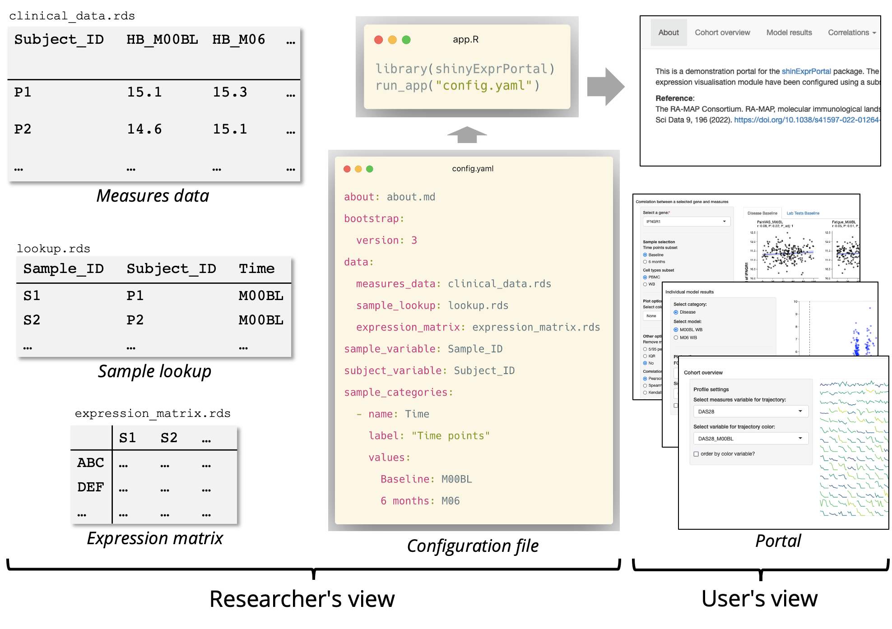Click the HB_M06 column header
(238, 40)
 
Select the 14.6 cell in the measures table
(144, 129)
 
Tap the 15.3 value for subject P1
(230, 92)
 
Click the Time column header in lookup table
(256, 269)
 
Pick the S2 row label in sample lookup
(32, 320)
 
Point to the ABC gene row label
(90, 463)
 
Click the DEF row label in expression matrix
(90, 487)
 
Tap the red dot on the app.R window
(379, 40)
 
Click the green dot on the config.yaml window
(370, 169)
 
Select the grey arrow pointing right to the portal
(605, 87)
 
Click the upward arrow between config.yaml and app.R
(467, 134)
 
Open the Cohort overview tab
(722, 32)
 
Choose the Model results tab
(789, 32)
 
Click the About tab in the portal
(668, 32)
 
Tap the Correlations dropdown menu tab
(851, 32)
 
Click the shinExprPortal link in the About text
(806, 71)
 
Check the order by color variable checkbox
(696, 454)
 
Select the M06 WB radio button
(676, 338)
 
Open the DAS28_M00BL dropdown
(750, 439)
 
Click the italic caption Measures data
(153, 196)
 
